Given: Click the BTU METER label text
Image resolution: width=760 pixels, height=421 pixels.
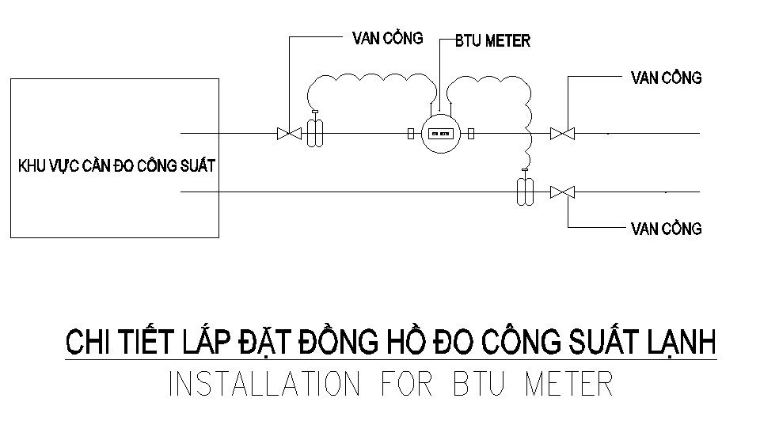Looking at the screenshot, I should pyautogui.click(x=492, y=40).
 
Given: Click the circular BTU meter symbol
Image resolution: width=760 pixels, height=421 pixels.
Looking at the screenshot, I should pyautogui.click(x=440, y=134).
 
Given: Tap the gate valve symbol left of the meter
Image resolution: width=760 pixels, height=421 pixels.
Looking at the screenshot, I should pyautogui.click(x=289, y=134).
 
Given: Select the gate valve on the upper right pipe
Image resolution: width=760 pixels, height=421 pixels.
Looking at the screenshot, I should pyautogui.click(x=562, y=134).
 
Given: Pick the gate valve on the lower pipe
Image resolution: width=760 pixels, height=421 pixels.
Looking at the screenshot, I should pyautogui.click(x=562, y=192).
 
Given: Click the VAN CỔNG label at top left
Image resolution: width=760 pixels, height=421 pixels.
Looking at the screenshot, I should pyautogui.click(x=387, y=37).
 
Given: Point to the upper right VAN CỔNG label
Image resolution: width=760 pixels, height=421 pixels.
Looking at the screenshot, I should pyautogui.click(x=666, y=78).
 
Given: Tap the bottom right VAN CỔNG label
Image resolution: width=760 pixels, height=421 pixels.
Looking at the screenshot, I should pyautogui.click(x=666, y=229).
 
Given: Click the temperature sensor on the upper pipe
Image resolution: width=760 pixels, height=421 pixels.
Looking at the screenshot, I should pyautogui.click(x=315, y=131).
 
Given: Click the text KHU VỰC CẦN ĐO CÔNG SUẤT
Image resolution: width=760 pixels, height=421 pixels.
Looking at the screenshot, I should pyautogui.click(x=116, y=166).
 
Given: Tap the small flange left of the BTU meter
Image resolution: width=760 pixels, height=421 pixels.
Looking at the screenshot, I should pyautogui.click(x=411, y=134).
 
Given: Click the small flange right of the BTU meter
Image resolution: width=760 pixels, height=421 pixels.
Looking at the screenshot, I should pyautogui.click(x=470, y=134).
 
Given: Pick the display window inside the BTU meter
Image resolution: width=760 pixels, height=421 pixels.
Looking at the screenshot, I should pyautogui.click(x=440, y=134).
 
